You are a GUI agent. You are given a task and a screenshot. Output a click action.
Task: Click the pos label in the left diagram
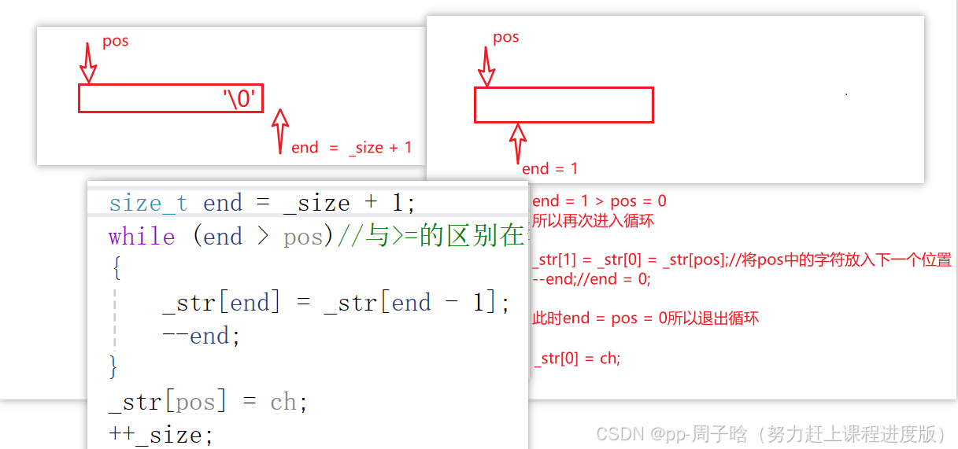(x=115, y=41)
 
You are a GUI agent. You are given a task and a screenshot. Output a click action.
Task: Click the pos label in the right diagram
(x=505, y=37)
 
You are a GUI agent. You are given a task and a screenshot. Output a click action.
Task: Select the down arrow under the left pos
(x=89, y=63)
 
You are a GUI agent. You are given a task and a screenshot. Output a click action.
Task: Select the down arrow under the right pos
(x=487, y=67)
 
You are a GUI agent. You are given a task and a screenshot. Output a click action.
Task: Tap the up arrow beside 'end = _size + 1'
(x=279, y=131)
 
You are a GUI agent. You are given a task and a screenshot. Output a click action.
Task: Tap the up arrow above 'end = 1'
(x=517, y=142)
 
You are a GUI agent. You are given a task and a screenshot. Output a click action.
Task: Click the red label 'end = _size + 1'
(x=351, y=147)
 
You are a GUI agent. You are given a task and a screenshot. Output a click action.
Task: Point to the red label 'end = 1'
(x=549, y=168)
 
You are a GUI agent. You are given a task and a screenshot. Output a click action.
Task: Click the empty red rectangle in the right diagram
(x=564, y=105)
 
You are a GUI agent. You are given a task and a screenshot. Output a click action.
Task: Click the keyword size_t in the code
(x=148, y=203)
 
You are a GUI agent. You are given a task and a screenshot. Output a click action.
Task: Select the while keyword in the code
(x=142, y=237)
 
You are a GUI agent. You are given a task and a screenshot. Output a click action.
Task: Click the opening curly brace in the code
(x=117, y=270)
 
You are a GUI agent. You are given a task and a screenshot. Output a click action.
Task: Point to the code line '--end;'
(x=201, y=336)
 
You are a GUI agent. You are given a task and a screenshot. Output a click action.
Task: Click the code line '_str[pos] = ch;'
(x=208, y=402)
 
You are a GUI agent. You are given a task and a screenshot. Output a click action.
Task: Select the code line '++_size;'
(x=161, y=433)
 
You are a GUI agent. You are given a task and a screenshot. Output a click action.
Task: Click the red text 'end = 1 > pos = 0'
(x=599, y=201)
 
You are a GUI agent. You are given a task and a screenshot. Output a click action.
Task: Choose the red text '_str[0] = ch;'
(x=577, y=359)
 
